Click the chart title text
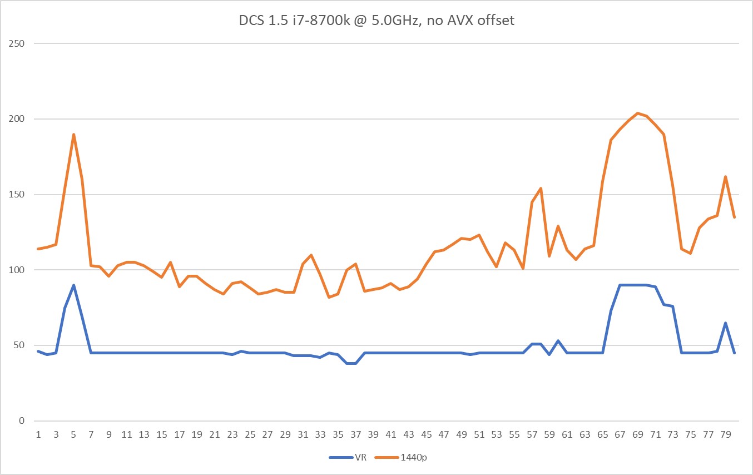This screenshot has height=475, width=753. tap(376, 22)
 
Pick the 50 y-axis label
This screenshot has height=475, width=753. tap(19, 345)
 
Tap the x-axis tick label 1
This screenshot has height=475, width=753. tap(38, 434)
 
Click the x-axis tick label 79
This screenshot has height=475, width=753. tap(726, 434)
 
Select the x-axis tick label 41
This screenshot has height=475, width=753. tap(391, 434)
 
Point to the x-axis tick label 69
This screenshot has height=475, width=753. tap(638, 434)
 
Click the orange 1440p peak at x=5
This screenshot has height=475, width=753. tap(73, 134)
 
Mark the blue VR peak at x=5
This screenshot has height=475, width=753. tap(73, 285)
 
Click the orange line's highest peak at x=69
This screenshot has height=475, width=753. tap(638, 113)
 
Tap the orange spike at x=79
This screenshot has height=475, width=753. tap(726, 176)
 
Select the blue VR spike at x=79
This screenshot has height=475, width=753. tap(726, 323)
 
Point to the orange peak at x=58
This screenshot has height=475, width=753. tap(541, 188)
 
